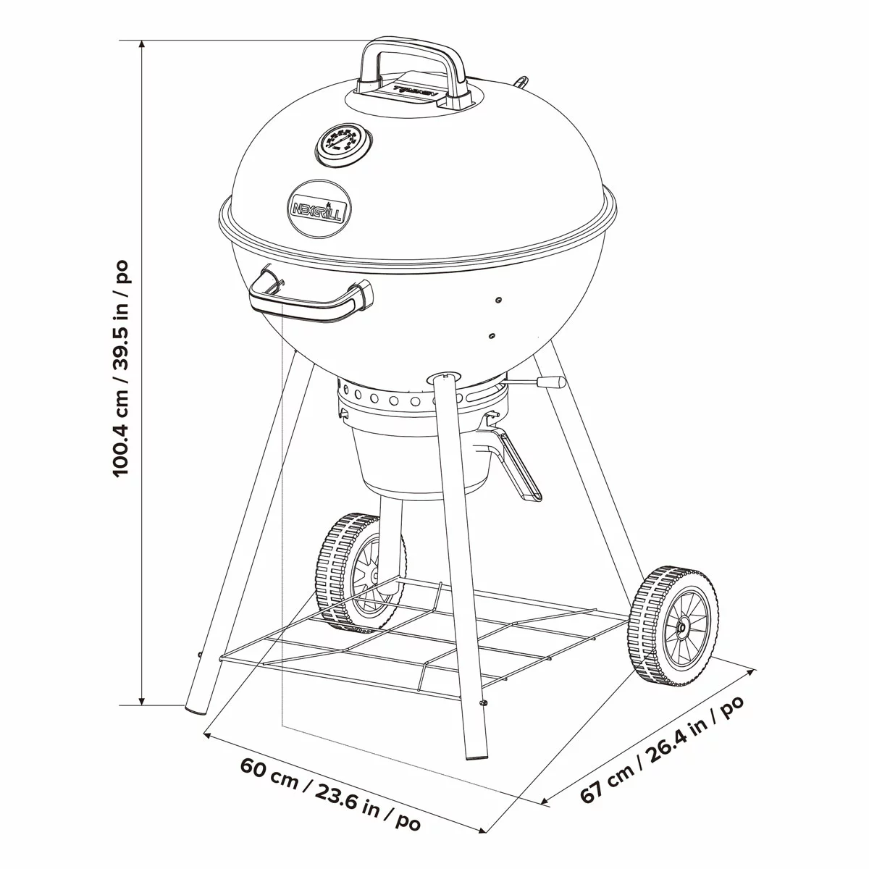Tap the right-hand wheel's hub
pyautogui.click(x=681, y=628)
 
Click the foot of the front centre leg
pyautogui.click(x=475, y=754)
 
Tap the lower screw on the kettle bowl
pyautogui.click(x=492, y=335)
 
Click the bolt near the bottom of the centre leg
pyautogui.click(x=483, y=702)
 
